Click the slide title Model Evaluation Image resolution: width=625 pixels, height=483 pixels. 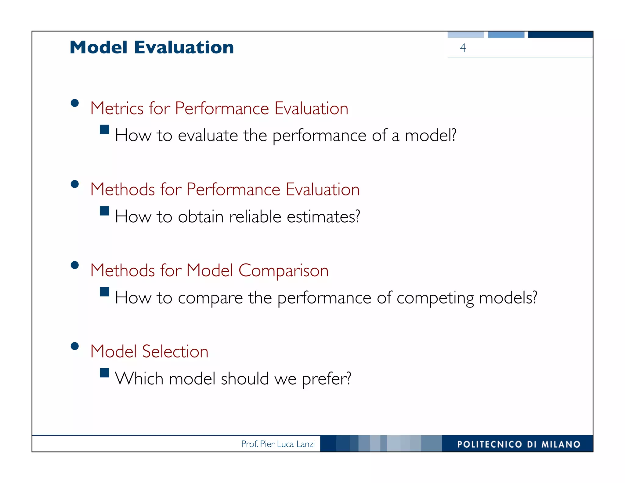(x=152, y=48)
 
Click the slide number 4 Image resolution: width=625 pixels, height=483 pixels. (x=463, y=48)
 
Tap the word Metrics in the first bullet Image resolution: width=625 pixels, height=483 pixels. (x=117, y=108)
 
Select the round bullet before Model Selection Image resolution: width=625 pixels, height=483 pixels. (x=74, y=346)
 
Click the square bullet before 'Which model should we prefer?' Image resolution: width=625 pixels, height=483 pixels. (x=105, y=373)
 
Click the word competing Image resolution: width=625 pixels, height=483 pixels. (x=435, y=298)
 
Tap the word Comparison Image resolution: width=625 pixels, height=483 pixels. (x=283, y=271)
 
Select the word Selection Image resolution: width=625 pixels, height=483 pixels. (x=175, y=351)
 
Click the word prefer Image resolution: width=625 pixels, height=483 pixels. (x=326, y=379)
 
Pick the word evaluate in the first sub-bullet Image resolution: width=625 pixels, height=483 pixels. (x=208, y=136)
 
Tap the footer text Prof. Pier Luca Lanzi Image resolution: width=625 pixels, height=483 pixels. (x=278, y=444)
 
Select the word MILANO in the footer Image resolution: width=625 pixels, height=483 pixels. (x=561, y=444)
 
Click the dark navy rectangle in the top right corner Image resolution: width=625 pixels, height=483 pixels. (x=560, y=34)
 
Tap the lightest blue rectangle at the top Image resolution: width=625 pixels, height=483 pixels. (x=465, y=34)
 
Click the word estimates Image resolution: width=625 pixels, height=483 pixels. (x=323, y=217)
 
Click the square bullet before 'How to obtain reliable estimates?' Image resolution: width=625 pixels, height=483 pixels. (x=105, y=211)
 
